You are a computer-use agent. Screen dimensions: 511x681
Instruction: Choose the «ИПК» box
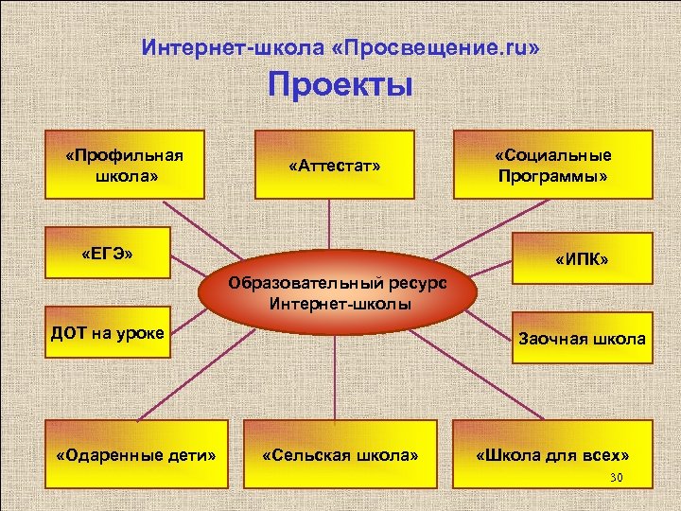(x=582, y=258)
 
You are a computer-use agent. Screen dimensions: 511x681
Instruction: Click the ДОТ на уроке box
(x=108, y=332)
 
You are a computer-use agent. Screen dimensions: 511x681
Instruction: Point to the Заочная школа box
(x=582, y=338)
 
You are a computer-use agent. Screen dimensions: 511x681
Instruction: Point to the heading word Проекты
(x=340, y=85)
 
